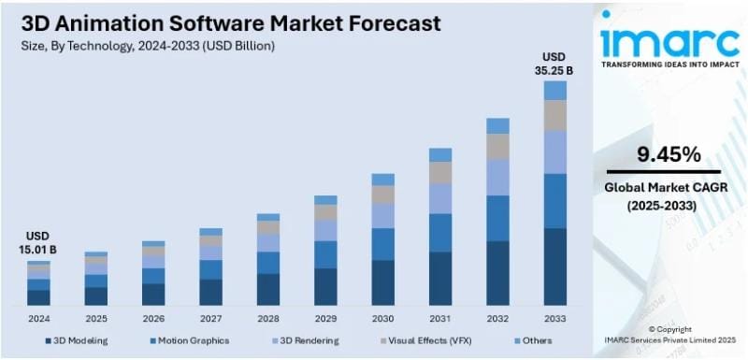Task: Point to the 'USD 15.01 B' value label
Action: point(38,243)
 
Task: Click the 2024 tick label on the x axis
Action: point(38,318)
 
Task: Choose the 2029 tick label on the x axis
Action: point(325,318)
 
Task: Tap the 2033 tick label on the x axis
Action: point(554,318)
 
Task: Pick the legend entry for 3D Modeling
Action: point(79,341)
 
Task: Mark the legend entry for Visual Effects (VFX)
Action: point(430,341)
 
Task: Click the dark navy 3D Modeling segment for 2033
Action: point(554,267)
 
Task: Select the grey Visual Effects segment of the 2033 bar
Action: point(554,115)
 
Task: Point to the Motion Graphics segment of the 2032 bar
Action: point(497,218)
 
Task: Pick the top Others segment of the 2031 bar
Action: point(440,154)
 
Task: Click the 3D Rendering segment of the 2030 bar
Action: point(382,216)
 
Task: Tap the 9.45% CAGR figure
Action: point(668,153)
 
